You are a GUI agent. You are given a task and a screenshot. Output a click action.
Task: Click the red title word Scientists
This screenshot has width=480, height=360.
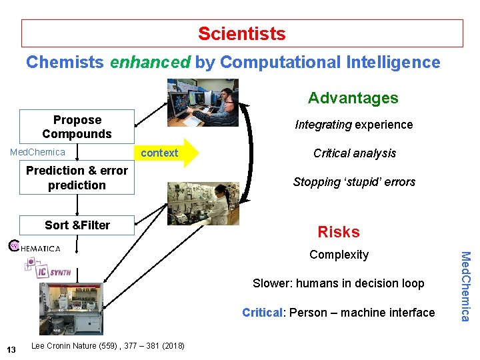241,33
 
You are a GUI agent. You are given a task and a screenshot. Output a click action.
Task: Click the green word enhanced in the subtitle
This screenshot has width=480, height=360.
150,63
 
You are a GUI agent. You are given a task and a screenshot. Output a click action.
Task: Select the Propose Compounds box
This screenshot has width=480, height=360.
77,127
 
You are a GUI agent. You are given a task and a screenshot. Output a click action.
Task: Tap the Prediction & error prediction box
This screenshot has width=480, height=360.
77,178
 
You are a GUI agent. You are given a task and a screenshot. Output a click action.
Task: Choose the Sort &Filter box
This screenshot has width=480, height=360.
77,225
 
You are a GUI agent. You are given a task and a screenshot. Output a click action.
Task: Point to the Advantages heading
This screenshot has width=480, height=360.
353,99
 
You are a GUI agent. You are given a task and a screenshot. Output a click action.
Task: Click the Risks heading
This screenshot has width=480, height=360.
338,232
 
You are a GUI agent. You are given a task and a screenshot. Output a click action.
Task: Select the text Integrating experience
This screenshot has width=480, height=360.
354,125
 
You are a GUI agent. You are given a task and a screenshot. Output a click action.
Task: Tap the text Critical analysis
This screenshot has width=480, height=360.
354,153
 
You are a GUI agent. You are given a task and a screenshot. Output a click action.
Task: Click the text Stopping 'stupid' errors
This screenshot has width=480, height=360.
354,182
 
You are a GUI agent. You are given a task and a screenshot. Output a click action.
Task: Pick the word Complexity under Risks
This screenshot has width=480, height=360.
339,255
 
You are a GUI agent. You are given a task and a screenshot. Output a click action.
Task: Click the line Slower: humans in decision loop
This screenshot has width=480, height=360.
338,283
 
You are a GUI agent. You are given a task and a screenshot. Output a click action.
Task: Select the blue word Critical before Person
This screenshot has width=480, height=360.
262,313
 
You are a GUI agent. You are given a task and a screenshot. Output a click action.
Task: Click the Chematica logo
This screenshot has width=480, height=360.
35,247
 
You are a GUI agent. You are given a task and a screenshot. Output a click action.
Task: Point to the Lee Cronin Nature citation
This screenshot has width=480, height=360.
108,345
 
